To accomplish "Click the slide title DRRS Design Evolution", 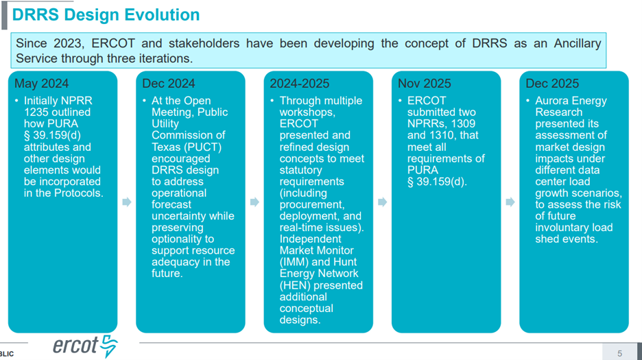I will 106,15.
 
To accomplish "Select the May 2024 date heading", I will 42,84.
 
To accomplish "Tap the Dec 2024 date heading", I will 169,84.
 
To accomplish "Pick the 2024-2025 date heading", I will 300,84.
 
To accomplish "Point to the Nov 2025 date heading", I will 425,84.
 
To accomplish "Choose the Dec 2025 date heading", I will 552,84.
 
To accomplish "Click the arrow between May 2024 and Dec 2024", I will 127,202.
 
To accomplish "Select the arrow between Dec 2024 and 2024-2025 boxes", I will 254,202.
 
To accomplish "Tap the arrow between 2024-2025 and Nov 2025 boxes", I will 383,202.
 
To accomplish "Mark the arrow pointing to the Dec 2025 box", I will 510,202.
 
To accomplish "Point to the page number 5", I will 620,353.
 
